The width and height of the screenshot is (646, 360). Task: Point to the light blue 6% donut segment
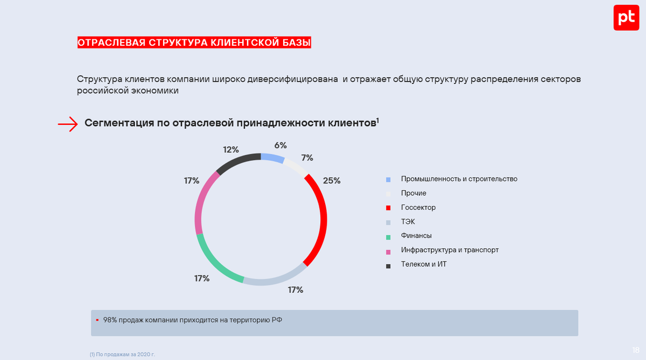272,158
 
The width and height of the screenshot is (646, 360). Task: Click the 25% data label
332,181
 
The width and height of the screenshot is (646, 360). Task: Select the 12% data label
231,150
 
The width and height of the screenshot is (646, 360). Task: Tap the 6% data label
280,145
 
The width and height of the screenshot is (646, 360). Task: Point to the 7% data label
307,158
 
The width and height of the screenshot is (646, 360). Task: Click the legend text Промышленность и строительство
459,179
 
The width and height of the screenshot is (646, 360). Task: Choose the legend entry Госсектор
418,207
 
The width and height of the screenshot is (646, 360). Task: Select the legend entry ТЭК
408,222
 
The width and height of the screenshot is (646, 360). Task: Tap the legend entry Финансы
416,236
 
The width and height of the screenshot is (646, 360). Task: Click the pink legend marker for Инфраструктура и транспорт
388,250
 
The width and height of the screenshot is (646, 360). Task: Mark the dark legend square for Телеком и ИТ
388,265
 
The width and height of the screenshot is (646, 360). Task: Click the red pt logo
626,18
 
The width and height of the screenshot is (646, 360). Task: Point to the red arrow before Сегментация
68,124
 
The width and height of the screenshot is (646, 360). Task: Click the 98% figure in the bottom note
110,320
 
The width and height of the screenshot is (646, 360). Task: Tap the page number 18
636,350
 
